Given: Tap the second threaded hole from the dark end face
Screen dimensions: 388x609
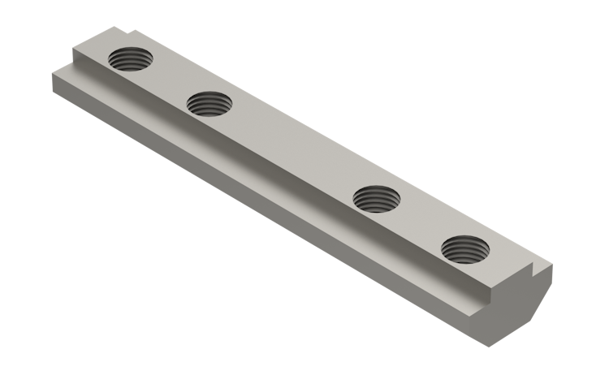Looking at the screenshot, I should pyautogui.click(x=376, y=197).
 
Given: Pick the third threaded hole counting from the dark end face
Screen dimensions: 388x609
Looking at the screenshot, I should pyautogui.click(x=209, y=103).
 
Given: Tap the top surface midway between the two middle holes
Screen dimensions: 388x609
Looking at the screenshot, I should pyautogui.click(x=292, y=150).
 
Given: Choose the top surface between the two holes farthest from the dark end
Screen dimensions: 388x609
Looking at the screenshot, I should pyautogui.click(x=168, y=81).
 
